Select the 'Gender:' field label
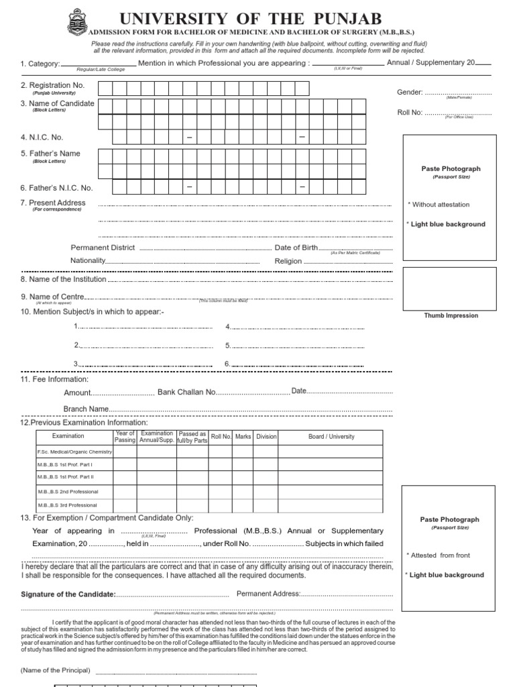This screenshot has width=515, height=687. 410,92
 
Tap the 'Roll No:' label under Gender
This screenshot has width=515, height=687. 410,112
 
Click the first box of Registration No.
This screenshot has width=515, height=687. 105,89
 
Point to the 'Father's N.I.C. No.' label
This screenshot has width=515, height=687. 56,189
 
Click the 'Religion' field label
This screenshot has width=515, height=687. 288,261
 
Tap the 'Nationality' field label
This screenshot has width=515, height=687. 88,260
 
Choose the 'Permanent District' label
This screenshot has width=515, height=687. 103,248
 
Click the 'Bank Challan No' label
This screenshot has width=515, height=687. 186,392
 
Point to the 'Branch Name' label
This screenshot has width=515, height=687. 86,409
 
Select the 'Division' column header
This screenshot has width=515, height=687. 266,437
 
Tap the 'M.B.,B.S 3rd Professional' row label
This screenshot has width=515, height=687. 67,505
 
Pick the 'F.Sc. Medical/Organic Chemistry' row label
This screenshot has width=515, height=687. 74,452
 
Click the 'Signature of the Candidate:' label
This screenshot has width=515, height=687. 68,594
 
